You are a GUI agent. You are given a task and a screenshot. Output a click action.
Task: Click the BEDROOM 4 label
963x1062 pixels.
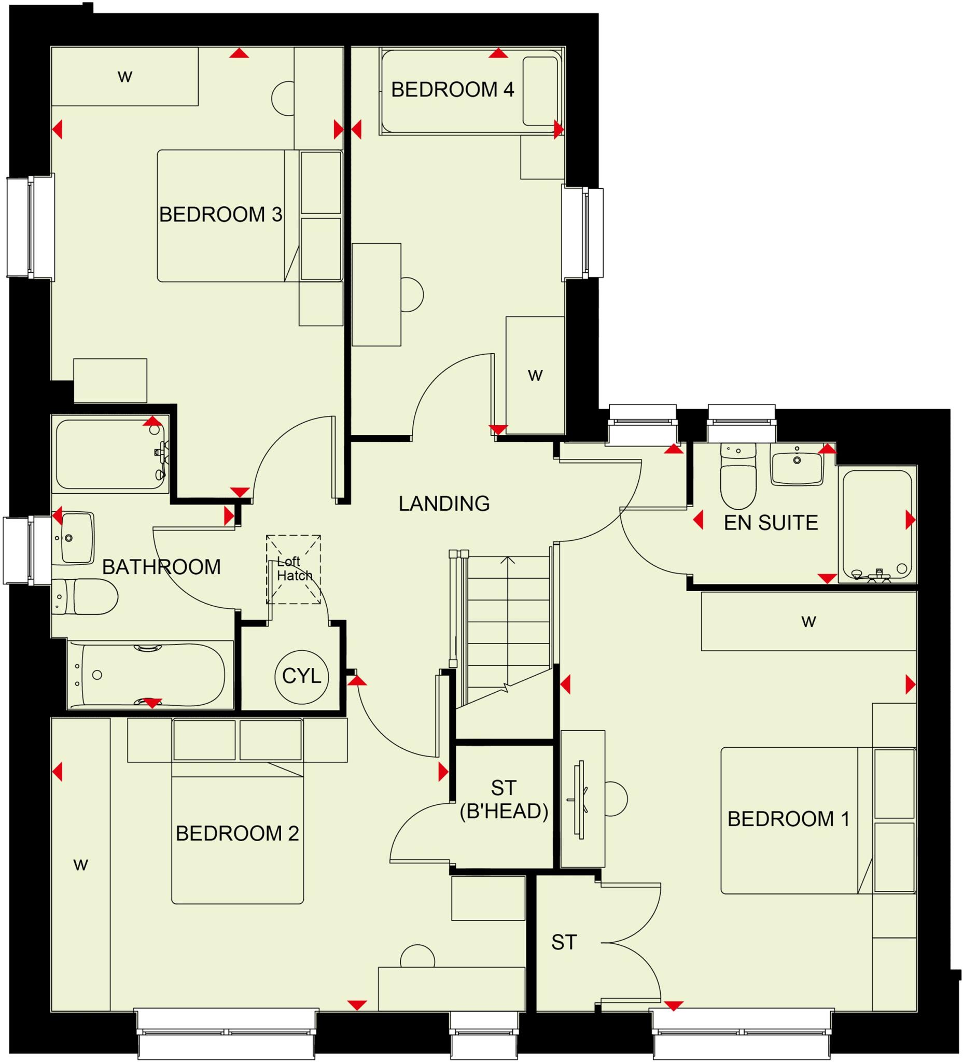coord(452,90)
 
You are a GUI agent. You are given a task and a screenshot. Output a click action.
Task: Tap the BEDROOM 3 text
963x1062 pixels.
coord(220,214)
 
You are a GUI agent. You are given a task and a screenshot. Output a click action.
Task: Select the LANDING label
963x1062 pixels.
coord(443,504)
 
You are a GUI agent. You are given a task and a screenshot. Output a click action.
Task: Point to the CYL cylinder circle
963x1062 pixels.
coord(301,676)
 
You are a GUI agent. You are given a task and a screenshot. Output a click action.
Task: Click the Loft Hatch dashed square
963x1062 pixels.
coord(294,569)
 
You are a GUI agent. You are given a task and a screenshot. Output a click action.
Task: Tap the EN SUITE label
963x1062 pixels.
coord(770,523)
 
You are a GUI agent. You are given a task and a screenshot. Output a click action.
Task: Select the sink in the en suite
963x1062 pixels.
coord(796,464)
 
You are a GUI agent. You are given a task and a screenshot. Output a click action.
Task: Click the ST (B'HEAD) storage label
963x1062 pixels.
coord(504,800)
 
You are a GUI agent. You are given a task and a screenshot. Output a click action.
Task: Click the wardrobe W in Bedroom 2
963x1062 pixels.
coord(80,865)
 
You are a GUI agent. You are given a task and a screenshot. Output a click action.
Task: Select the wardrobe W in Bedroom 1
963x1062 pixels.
coord(808,622)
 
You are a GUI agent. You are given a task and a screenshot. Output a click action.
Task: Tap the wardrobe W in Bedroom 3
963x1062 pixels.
coord(124,77)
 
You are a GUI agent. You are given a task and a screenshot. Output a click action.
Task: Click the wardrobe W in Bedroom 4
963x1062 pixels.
coord(535,375)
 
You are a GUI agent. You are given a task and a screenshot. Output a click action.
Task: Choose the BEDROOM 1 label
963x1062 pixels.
coord(788,819)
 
